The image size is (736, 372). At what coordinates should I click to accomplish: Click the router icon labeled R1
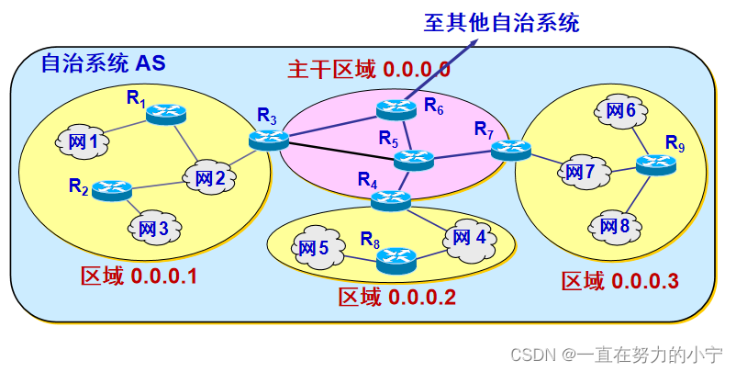[x=166, y=113]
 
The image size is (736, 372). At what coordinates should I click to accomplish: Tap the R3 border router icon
[x=269, y=139]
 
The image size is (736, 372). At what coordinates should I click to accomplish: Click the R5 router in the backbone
[x=413, y=161]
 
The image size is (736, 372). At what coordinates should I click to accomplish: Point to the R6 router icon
[x=396, y=109]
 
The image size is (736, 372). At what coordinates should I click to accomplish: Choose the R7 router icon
[x=511, y=149]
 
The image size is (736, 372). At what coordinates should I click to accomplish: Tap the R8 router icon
[x=396, y=259]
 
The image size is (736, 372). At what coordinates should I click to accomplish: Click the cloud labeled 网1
[x=88, y=142]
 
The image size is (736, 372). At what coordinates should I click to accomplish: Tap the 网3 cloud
[x=153, y=227]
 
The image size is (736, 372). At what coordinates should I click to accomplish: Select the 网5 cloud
[x=312, y=248]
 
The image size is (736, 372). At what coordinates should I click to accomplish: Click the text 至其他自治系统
[x=501, y=22]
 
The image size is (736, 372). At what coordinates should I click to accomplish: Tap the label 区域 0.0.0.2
[x=396, y=297]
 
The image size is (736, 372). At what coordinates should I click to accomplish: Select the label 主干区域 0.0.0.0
[x=369, y=69]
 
